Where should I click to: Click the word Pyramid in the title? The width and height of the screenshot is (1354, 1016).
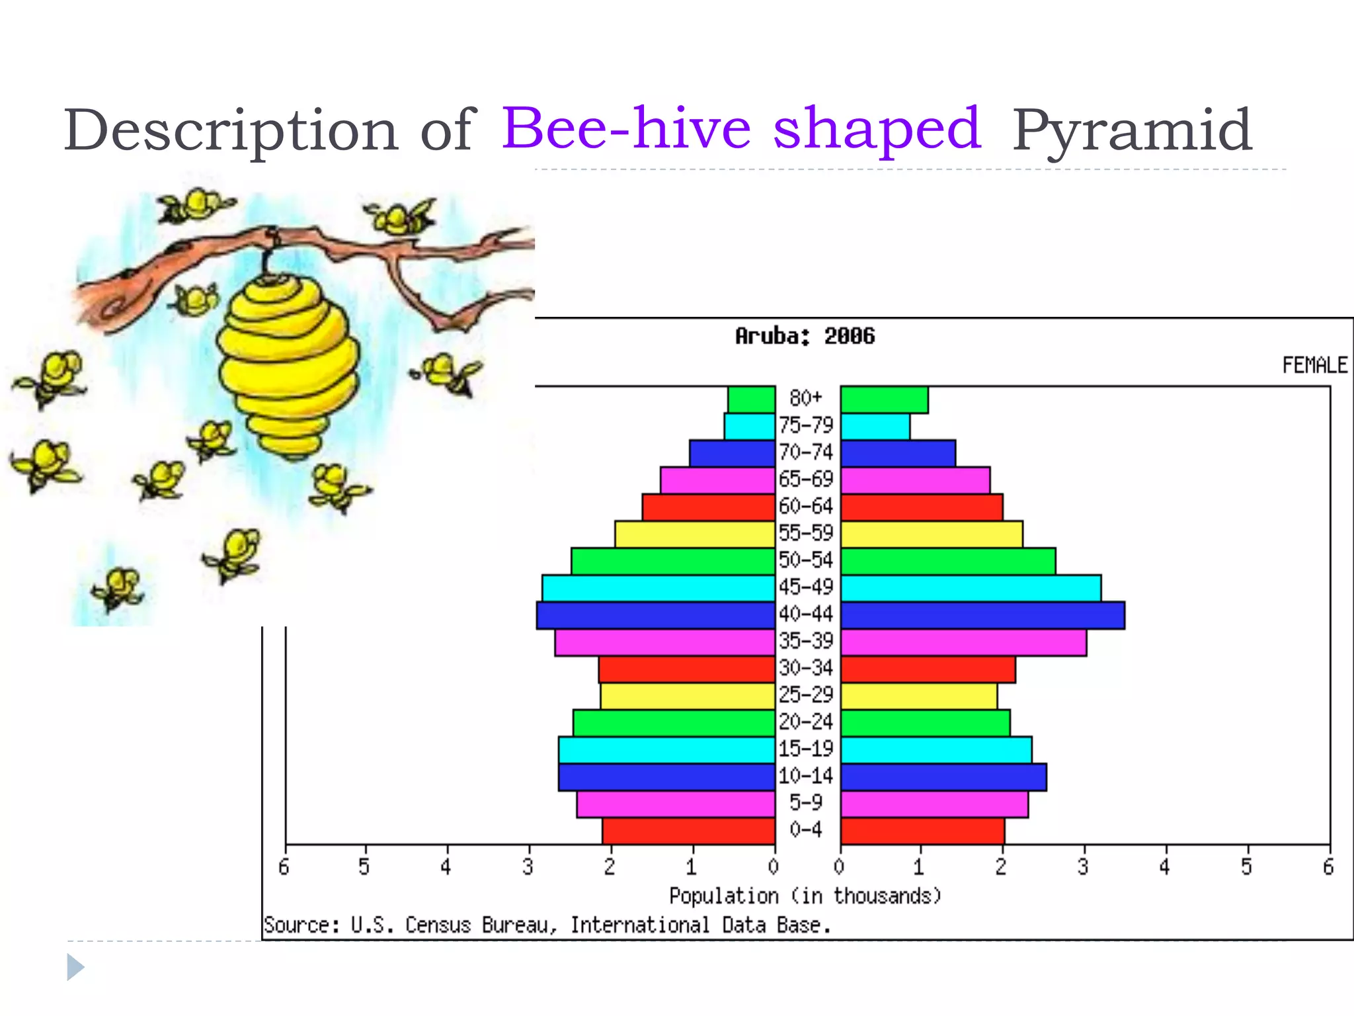coord(1132,131)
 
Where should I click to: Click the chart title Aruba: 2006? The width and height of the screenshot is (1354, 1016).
coord(805,337)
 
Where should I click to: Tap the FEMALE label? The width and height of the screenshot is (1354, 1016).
coord(1314,365)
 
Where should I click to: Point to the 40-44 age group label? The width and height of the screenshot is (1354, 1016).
coord(806,614)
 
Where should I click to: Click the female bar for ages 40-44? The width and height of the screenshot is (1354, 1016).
coord(982,615)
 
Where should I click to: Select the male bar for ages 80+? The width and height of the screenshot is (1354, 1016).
coord(752,400)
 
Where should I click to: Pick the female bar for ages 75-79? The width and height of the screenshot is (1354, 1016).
coord(875,427)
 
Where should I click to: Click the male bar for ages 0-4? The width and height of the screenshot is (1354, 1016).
coord(688,831)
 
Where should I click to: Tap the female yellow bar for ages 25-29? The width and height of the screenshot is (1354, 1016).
coord(919,696)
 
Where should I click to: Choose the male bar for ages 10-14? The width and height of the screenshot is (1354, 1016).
coord(666,777)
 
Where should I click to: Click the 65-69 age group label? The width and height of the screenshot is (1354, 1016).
coord(806,479)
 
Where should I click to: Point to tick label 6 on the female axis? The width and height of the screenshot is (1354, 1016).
coord(1328,867)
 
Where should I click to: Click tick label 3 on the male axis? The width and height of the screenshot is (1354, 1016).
coord(528,867)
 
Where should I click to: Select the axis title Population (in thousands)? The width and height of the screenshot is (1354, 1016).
coord(805,896)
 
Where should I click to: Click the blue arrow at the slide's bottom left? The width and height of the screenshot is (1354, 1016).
coord(75,968)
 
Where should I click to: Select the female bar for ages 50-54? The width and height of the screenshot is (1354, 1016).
coord(948,561)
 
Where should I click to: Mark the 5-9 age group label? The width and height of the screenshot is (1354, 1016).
coord(806,803)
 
